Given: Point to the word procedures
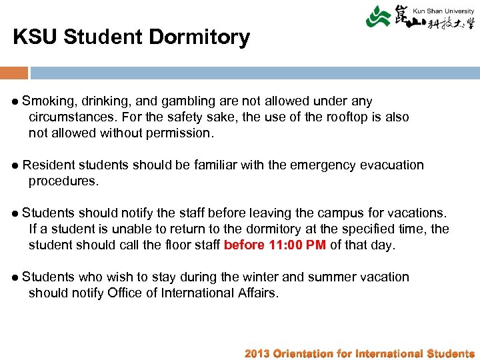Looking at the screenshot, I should coord(63,181).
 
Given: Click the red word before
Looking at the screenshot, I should coord(244,245).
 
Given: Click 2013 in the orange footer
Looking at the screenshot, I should coord(257,353).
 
